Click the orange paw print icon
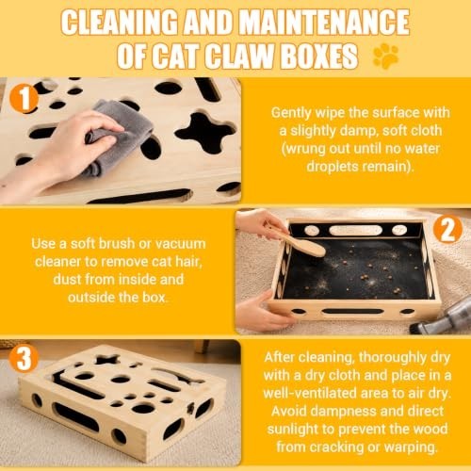pos(385,57)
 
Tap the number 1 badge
pos(24,99)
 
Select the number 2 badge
pos(447,230)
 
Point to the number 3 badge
pos(24,358)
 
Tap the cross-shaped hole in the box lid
pos(205,133)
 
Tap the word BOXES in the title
pos(318,57)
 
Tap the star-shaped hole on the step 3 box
pos(106,359)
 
